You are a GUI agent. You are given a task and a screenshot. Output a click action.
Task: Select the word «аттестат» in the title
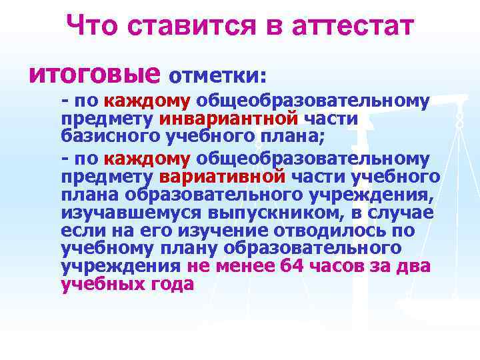pos(353,27)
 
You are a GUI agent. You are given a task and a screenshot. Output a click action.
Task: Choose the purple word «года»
pos(173,284)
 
